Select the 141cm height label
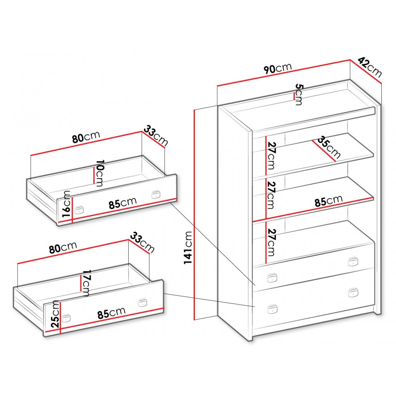point(188,247)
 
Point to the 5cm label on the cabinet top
point(299,95)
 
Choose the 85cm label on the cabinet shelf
point(329,201)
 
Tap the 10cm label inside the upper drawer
point(99,173)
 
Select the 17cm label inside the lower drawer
point(86,283)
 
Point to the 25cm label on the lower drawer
point(55,314)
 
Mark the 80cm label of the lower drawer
point(63,247)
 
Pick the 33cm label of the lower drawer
point(142,243)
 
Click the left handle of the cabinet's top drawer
point(272,278)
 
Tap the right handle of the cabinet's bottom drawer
point(353,293)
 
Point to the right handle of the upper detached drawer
point(156,195)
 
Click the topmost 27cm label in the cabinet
point(272,156)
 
